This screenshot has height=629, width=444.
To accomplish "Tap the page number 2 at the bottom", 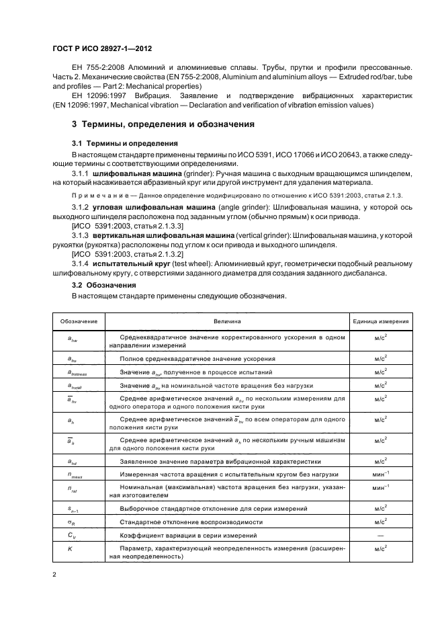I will point(54,575).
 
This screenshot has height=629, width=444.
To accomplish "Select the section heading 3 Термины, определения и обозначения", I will point(158,125).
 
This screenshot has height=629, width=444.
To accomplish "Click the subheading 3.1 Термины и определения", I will point(125,144).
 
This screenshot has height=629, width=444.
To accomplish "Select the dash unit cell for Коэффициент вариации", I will point(382,535).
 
